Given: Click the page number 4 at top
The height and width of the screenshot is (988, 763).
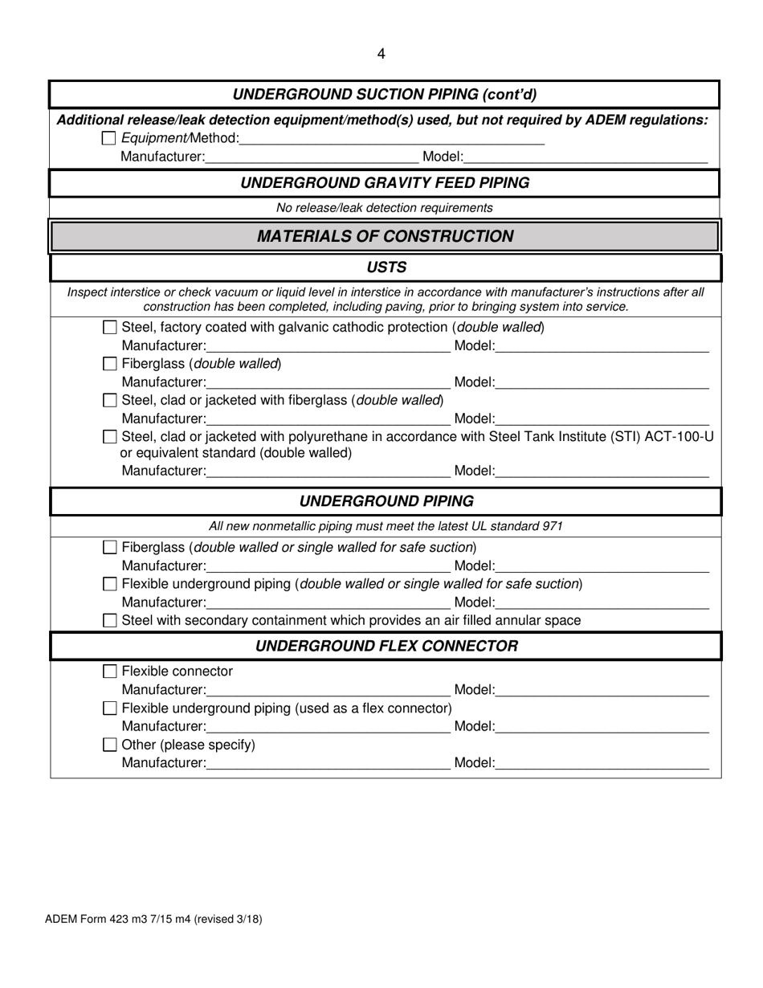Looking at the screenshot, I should [381, 54].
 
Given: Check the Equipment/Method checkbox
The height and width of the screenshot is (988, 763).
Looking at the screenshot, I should [110, 139].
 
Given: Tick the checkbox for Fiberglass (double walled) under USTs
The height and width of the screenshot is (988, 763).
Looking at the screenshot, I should [111, 364].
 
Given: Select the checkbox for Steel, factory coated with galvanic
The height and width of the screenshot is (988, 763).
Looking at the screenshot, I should [111, 328].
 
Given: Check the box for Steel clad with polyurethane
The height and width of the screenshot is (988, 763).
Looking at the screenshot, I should [111, 437].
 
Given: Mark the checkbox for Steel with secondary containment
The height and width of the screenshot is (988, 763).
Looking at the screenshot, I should [111, 620].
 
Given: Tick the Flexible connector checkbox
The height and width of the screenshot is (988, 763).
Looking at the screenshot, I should [111, 672].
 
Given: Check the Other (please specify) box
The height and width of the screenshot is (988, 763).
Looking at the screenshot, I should [111, 745].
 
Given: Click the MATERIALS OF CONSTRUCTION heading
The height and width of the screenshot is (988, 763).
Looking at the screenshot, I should [385, 236].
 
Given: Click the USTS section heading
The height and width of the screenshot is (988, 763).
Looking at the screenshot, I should [386, 267].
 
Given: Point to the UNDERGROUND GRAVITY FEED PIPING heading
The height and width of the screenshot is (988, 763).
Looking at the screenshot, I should [385, 183].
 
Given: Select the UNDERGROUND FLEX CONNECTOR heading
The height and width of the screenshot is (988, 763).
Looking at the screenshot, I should [386, 647].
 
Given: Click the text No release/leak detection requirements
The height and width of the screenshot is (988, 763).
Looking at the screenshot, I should [385, 208].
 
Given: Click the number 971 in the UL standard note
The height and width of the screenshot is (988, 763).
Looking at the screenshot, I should [552, 527].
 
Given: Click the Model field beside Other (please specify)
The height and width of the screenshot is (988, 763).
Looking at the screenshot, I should [602, 762].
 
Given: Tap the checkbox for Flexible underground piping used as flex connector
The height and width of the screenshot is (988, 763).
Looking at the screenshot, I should [111, 708].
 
